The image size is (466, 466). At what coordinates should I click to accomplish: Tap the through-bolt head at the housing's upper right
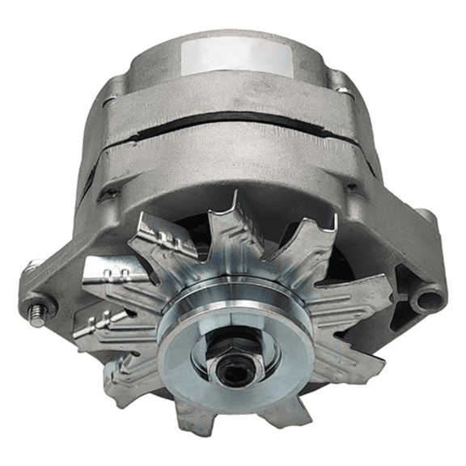tap(340, 81)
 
